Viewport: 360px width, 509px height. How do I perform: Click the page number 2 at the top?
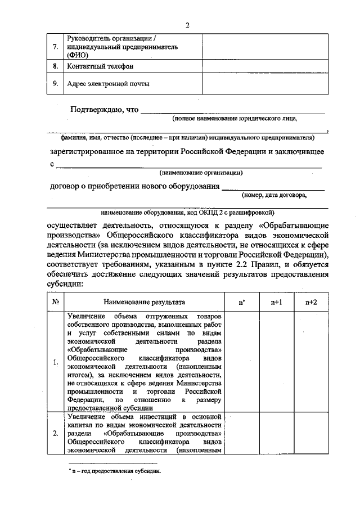pyautogui.click(x=188, y=25)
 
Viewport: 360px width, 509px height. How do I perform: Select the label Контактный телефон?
pyautogui.click(x=100, y=66)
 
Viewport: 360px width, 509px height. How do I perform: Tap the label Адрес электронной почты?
pyautogui.click(x=108, y=84)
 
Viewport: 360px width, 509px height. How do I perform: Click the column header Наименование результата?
pyautogui.click(x=144, y=302)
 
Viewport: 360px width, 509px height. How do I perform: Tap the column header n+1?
pyautogui.click(x=276, y=302)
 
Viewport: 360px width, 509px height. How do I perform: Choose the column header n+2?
pyautogui.click(x=311, y=302)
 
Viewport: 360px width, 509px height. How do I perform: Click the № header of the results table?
pyautogui.click(x=56, y=302)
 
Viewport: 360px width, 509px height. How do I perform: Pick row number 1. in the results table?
pyautogui.click(x=56, y=362)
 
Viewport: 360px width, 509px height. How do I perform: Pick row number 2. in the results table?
pyautogui.click(x=56, y=433)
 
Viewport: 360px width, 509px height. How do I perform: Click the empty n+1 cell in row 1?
pyautogui.click(x=276, y=362)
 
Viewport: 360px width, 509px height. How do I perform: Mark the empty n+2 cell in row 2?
pyautogui.click(x=311, y=433)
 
